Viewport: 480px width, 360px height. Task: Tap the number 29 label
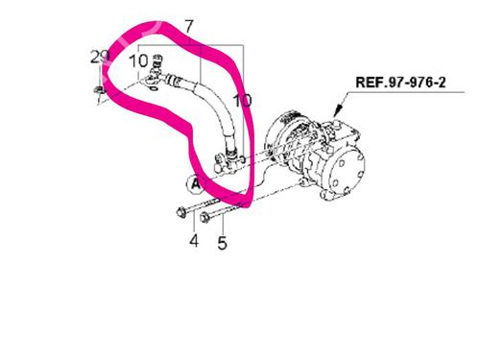(99, 58)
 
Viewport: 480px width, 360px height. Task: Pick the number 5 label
(222, 244)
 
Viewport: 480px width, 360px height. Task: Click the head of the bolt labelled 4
(181, 212)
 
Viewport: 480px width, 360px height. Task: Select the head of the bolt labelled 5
(205, 215)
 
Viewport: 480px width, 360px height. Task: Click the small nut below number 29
(100, 92)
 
